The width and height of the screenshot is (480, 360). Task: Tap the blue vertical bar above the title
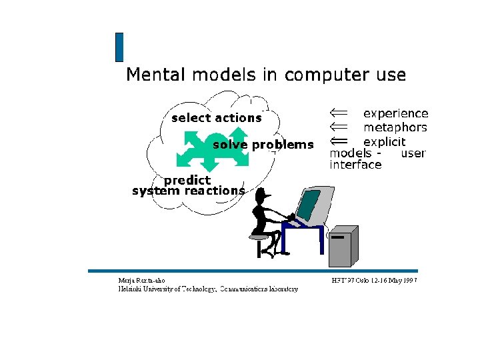[119, 47]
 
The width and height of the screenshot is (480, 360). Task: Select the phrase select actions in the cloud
[216, 118]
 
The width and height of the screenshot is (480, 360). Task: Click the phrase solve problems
[263, 145]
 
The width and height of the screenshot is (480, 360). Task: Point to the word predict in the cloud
[187, 180]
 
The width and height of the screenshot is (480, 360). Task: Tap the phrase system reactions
[189, 191]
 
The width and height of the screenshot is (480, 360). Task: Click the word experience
[395, 114]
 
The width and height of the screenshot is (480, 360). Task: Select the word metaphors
[395, 127]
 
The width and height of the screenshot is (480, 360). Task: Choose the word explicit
[384, 141]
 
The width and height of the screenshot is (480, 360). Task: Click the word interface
[355, 165]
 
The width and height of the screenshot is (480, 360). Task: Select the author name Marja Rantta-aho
[141, 281]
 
